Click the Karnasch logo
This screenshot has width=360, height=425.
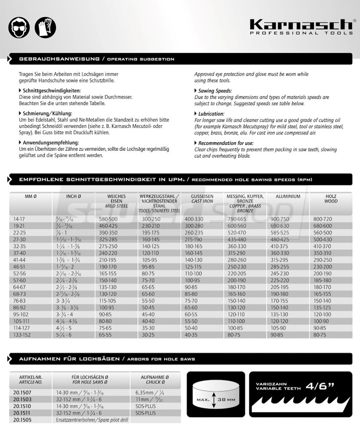click(x=301, y=27)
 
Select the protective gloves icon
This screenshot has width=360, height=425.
click(x=45, y=26)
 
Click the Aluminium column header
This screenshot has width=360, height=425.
click(x=288, y=196)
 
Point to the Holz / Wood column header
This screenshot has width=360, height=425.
click(x=331, y=199)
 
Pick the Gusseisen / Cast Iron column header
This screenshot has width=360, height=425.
click(x=202, y=199)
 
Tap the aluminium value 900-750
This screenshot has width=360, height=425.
click(x=280, y=218)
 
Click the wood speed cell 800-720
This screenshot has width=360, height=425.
click(x=323, y=218)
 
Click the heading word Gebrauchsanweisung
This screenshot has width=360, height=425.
click(x=59, y=59)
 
